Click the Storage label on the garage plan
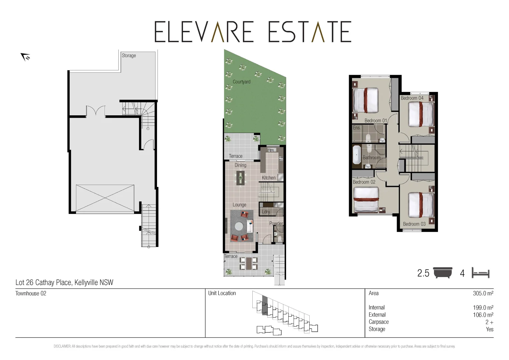pyautogui.click(x=129, y=56)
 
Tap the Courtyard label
pyautogui.click(x=241, y=82)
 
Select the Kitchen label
pyautogui.click(x=268, y=178)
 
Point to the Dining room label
pyautogui.click(x=240, y=165)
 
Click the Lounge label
pyautogui.click(x=239, y=205)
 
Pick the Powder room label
pyautogui.click(x=276, y=223)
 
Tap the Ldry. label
pyautogui.click(x=266, y=212)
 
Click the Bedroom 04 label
pyautogui.click(x=412, y=98)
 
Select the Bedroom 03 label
pyautogui.click(x=414, y=224)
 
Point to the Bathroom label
pyautogui.click(x=371, y=157)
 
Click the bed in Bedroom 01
pyautogui.click(x=366, y=100)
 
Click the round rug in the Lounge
pyautogui.click(x=239, y=227)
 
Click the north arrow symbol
pyautogui.click(x=25, y=57)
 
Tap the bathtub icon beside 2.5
pyautogui.click(x=443, y=273)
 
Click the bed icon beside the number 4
pyautogui.click(x=480, y=273)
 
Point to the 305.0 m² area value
pyautogui.click(x=483, y=293)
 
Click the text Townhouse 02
pyautogui.click(x=31, y=293)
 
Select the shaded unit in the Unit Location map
pyautogui.click(x=264, y=305)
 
